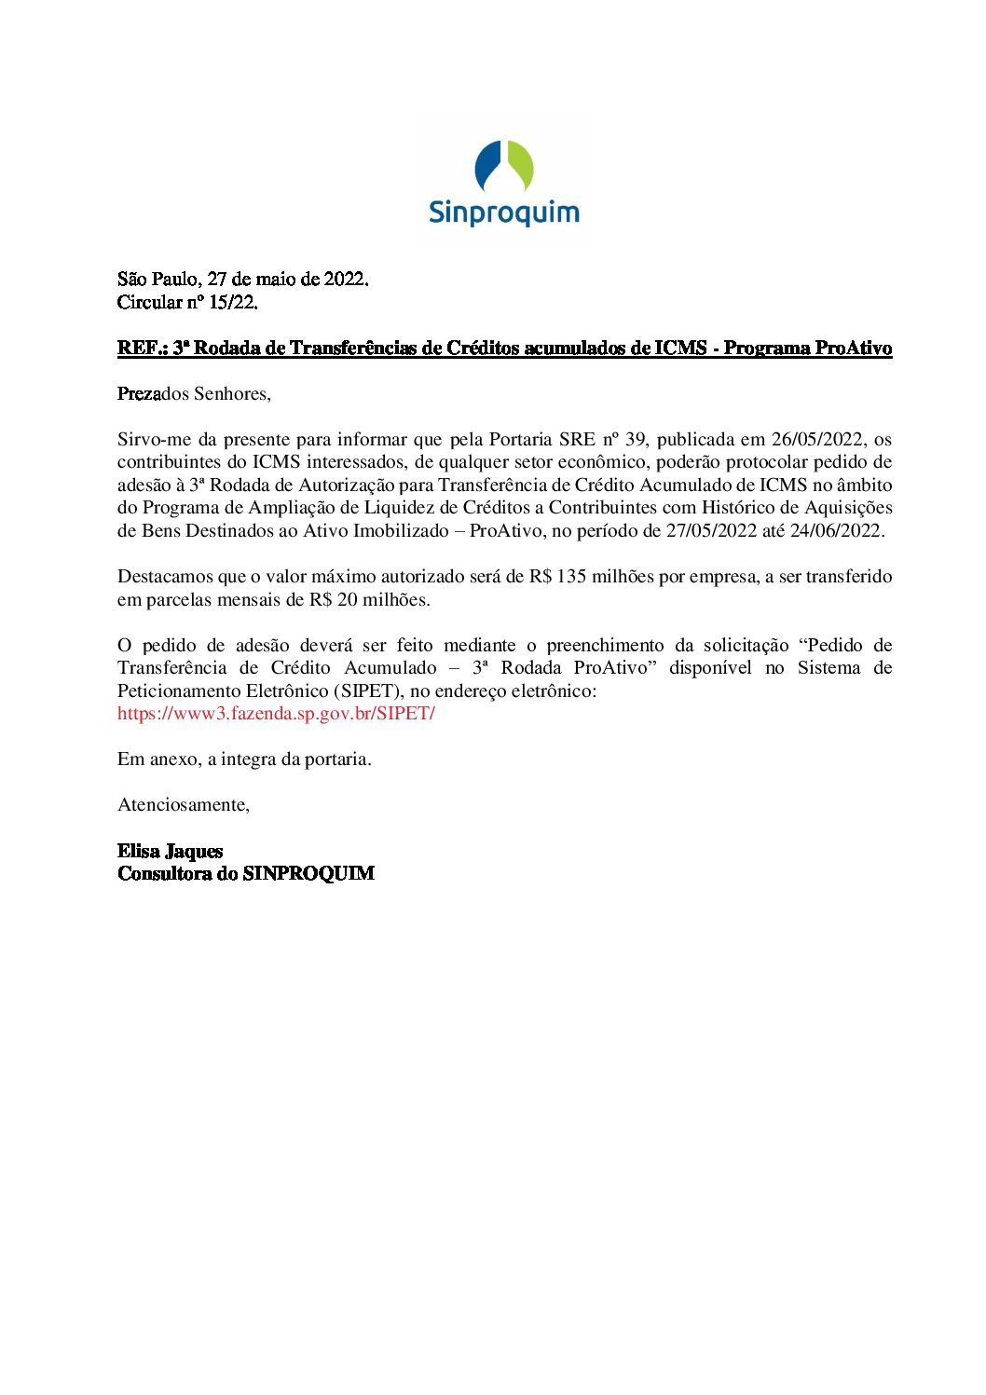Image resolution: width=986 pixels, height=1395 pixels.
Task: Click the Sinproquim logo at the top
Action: tap(503, 184)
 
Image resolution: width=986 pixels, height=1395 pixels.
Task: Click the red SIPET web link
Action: tap(276, 714)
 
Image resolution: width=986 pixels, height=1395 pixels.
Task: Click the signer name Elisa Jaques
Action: tap(170, 852)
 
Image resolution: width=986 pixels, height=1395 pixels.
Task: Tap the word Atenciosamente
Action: tap(183, 805)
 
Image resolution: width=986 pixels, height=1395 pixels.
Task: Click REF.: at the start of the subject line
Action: tap(142, 349)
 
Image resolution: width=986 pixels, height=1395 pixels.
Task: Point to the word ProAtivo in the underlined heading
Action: tap(854, 349)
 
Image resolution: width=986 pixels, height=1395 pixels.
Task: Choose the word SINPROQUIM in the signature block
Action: tap(308, 874)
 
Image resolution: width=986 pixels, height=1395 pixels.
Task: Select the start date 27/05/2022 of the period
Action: tap(711, 531)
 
